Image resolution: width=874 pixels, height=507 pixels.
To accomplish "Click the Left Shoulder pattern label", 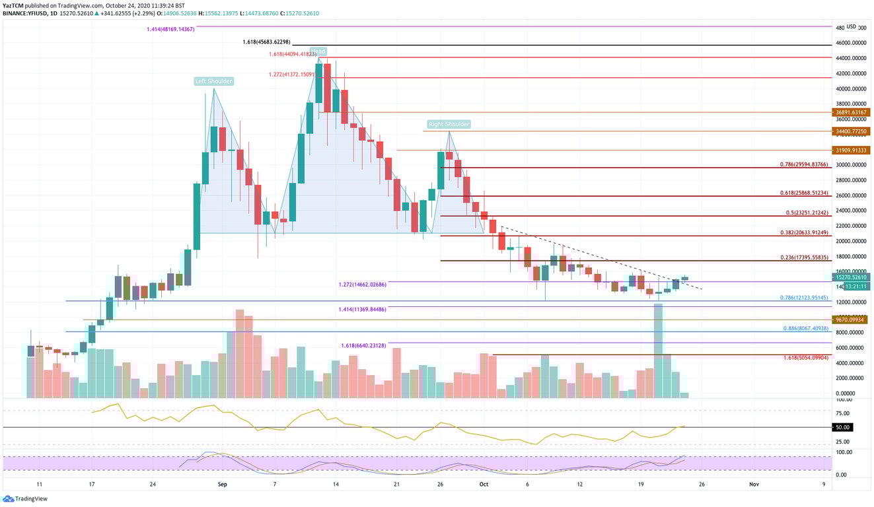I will (213, 81).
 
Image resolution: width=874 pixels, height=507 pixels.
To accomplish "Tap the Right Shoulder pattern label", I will (449, 124).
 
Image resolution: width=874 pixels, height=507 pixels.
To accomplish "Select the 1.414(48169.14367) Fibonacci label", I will (170, 30).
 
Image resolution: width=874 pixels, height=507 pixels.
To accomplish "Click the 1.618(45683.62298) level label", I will (266, 42).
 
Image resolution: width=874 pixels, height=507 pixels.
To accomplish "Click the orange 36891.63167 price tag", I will (851, 112).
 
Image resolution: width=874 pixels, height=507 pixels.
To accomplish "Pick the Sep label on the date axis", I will (223, 484).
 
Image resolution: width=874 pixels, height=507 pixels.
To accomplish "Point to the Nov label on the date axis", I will (753, 484).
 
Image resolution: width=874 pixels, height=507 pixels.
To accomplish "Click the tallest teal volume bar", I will (658, 351).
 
